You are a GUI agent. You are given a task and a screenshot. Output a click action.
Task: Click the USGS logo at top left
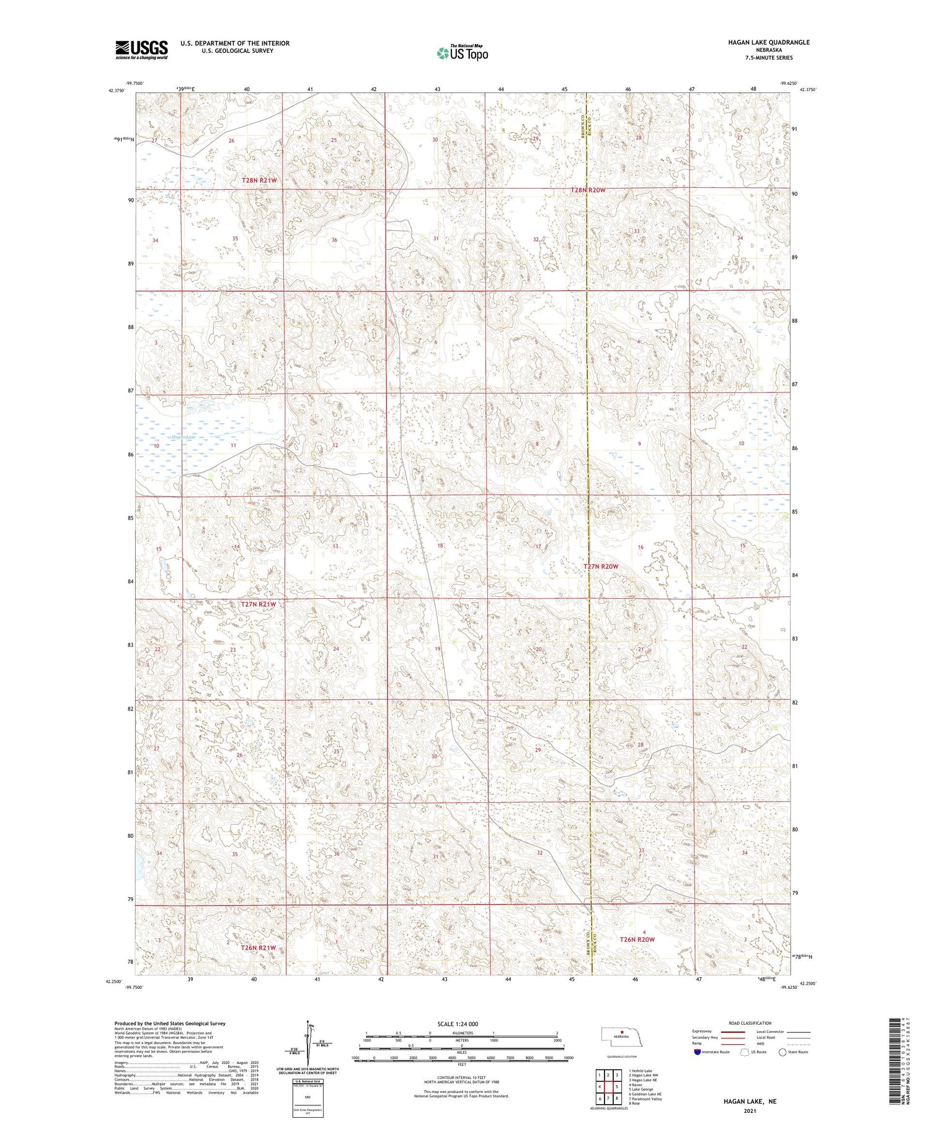coord(141,49)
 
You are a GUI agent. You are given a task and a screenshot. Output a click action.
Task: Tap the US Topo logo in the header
coord(462,53)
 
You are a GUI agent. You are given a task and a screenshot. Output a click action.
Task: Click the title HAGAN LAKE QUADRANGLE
coord(760,42)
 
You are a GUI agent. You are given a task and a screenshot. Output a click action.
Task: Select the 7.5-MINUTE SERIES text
coord(769,58)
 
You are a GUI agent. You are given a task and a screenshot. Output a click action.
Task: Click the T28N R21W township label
coord(259,180)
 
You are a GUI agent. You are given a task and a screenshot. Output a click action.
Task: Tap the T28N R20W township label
coord(588,190)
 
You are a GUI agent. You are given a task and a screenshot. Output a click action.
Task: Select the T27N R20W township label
coord(601,567)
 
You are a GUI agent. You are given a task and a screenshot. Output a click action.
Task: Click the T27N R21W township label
coord(259,604)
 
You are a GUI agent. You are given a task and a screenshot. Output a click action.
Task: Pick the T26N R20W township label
coord(637,939)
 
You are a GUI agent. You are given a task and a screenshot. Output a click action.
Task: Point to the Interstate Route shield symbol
coord(697,1051)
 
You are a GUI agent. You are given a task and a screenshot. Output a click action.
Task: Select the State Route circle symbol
coord(782,1051)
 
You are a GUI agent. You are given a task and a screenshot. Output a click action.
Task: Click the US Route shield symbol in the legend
coord(744,1051)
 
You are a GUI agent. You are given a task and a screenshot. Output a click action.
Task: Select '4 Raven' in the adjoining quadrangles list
coord(637,1085)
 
